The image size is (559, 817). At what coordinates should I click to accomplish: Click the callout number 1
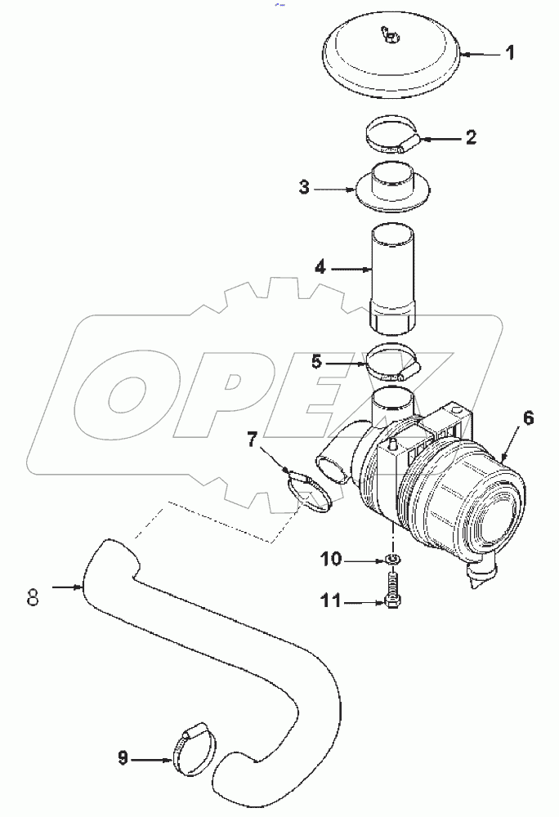pos(508,55)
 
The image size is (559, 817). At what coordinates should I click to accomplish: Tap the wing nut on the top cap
pos(389,34)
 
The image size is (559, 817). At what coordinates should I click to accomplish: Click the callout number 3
pos(304,188)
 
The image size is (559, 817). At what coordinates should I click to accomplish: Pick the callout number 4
pos(320,266)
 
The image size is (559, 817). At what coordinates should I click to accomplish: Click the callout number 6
pos(528,417)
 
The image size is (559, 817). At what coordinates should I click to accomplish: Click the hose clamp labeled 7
pos(310,492)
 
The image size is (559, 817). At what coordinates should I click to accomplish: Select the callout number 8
pos(33,596)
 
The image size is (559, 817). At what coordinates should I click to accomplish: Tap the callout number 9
pos(123,759)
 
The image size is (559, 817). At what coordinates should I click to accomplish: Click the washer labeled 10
pos(392,560)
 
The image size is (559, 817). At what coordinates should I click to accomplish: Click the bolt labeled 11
pos(391,591)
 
